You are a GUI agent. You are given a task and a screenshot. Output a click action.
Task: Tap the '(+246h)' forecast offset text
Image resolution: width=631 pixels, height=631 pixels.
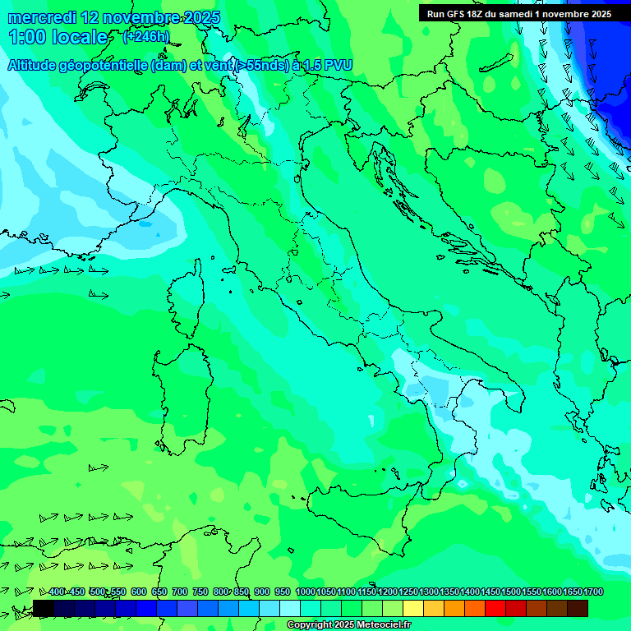tap(145, 37)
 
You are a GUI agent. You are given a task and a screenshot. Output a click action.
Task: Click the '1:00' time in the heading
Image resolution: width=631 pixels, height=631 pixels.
tap(26, 38)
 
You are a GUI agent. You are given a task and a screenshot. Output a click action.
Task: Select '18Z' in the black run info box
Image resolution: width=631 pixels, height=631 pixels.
tap(476, 14)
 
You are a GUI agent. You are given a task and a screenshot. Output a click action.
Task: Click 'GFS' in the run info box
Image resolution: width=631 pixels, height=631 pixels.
tap(454, 14)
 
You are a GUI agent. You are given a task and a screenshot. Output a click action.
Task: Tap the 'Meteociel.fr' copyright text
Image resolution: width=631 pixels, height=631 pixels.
tap(378, 625)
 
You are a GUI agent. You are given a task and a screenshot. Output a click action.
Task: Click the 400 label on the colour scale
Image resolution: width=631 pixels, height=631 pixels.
tap(56, 592)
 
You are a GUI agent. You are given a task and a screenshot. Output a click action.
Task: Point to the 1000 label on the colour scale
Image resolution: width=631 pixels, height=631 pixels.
tap(305, 592)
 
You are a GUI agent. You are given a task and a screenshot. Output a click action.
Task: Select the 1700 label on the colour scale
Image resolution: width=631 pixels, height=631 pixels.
tap(593, 592)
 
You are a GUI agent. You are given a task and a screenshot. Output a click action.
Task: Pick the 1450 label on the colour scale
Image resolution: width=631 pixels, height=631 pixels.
tap(491, 592)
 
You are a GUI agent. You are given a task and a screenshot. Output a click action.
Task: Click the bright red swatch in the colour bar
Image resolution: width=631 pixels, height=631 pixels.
tap(495, 608)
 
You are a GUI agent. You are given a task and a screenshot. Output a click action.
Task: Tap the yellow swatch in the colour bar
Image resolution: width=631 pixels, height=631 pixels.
tap(413, 608)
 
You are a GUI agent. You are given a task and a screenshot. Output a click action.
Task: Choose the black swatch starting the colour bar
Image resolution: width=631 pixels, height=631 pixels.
tap(44, 608)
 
